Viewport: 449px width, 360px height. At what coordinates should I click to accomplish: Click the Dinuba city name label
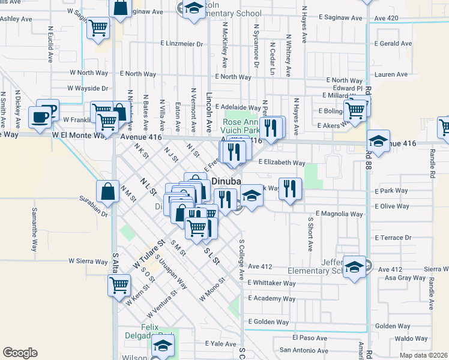[224, 181]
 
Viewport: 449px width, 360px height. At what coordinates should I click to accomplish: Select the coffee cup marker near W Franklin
[41, 117]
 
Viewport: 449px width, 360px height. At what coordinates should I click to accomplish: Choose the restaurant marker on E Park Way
[289, 189]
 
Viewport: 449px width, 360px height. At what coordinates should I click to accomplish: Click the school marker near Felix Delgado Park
[162, 346]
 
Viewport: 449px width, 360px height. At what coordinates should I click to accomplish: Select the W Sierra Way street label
[88, 261]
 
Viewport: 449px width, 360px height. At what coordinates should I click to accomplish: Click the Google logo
[20, 353]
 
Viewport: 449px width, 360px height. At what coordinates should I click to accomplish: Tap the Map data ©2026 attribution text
[423, 355]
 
